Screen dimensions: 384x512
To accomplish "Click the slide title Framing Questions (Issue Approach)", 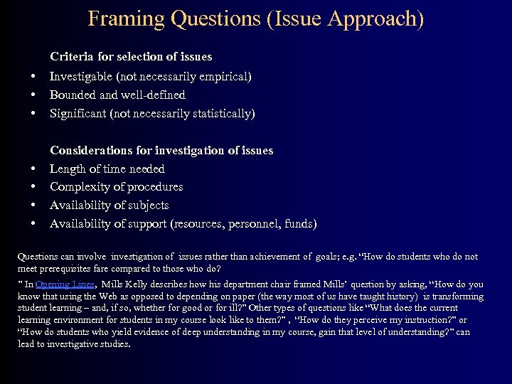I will pos(256,18).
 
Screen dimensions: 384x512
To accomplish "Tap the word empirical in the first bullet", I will pos(224,75).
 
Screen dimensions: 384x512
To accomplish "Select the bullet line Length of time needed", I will pos(107,169).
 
